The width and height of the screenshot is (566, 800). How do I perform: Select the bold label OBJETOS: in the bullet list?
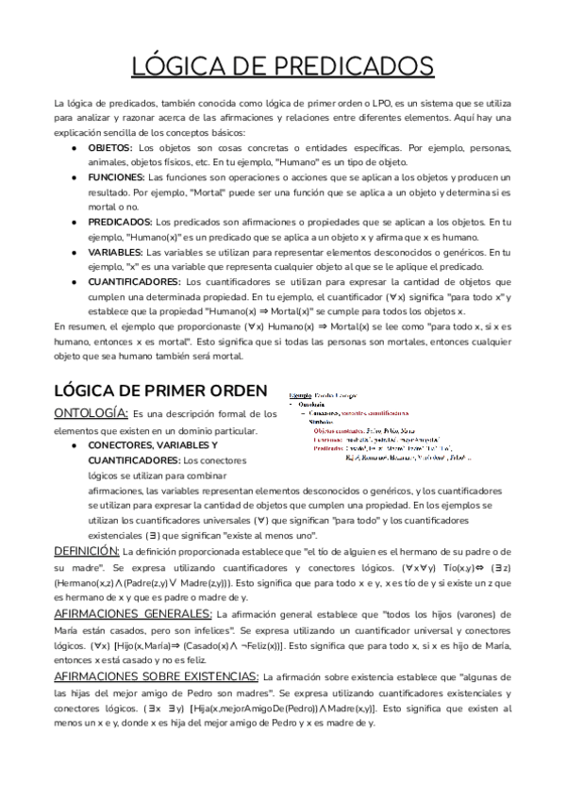[110, 148]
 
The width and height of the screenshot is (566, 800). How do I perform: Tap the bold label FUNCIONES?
[116, 176]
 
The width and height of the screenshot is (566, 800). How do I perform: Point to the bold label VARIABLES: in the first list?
[115, 252]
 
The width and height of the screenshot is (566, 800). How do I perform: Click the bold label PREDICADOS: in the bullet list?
[119, 221]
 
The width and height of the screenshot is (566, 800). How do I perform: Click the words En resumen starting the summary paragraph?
[81, 325]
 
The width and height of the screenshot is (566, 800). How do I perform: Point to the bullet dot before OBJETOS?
[74, 148]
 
